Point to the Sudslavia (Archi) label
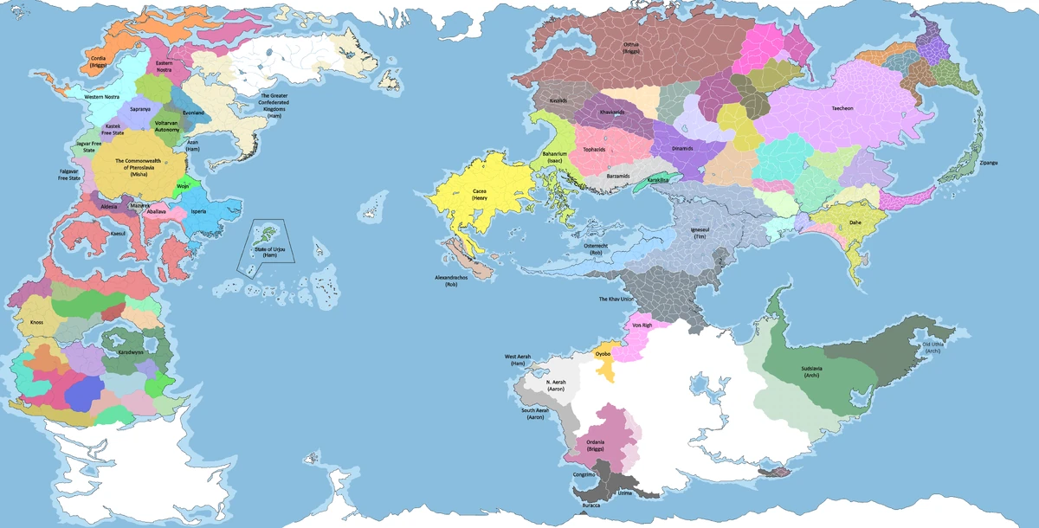tap(812, 372)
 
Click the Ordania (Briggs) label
tap(595, 446)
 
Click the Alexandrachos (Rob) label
tap(450, 280)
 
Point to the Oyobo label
tap(603, 354)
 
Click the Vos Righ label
tap(642, 325)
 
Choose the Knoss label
tap(36, 322)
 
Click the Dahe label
tap(855, 222)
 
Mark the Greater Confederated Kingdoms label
tap(274, 104)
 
